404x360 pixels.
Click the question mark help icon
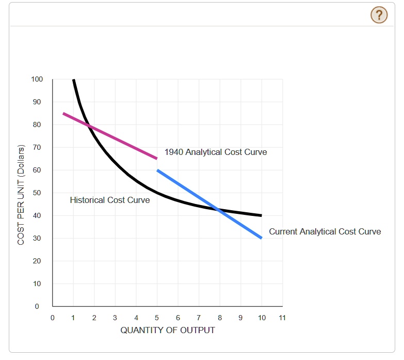tap(379, 15)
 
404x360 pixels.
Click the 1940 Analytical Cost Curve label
tap(216, 152)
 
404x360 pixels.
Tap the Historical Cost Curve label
tap(110, 200)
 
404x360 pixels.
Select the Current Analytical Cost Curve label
tap(325, 231)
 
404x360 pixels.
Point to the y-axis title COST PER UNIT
tap(21, 195)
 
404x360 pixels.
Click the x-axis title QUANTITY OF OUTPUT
tap(168, 330)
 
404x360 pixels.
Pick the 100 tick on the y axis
tap(37, 79)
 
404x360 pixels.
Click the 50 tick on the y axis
tap(37, 193)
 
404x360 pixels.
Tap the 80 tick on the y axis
tap(37, 124)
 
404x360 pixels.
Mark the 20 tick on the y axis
tap(37, 261)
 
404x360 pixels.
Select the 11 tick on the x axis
tap(282, 317)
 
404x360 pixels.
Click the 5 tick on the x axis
tap(157, 317)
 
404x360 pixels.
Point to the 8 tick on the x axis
tap(220, 317)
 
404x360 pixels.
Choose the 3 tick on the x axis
tap(115, 317)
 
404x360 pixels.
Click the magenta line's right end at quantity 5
tap(157, 159)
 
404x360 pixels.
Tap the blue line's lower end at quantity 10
tap(262, 238)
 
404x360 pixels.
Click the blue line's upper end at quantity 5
tap(157, 170)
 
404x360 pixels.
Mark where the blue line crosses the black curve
tap(220, 210)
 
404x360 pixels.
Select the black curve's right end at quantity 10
tap(262, 215)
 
